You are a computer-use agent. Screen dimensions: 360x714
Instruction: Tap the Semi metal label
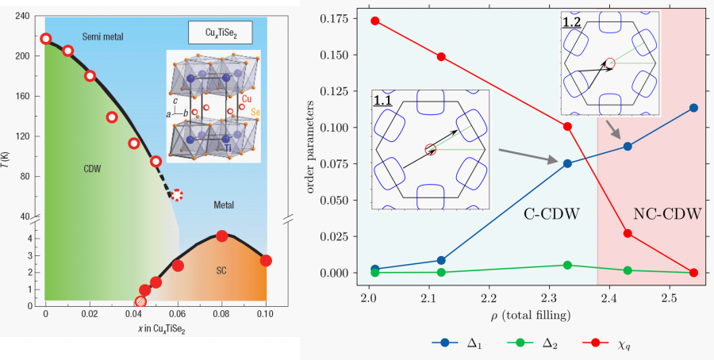point(102,36)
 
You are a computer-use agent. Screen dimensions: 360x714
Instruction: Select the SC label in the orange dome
point(221,270)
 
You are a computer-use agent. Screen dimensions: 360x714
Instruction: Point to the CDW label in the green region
point(94,169)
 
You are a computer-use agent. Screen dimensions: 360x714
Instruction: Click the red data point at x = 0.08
point(222,236)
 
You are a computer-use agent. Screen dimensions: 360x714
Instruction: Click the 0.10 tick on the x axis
point(266,315)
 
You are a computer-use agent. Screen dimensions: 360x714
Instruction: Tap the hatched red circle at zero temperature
point(140,301)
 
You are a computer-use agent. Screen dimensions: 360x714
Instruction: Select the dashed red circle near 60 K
point(178,195)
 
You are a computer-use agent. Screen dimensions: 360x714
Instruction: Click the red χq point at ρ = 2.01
point(375,21)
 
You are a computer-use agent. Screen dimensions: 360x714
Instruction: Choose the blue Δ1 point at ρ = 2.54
point(693,108)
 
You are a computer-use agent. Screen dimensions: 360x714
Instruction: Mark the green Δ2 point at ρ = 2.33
point(567,265)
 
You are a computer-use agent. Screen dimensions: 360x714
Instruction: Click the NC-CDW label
point(668,214)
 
